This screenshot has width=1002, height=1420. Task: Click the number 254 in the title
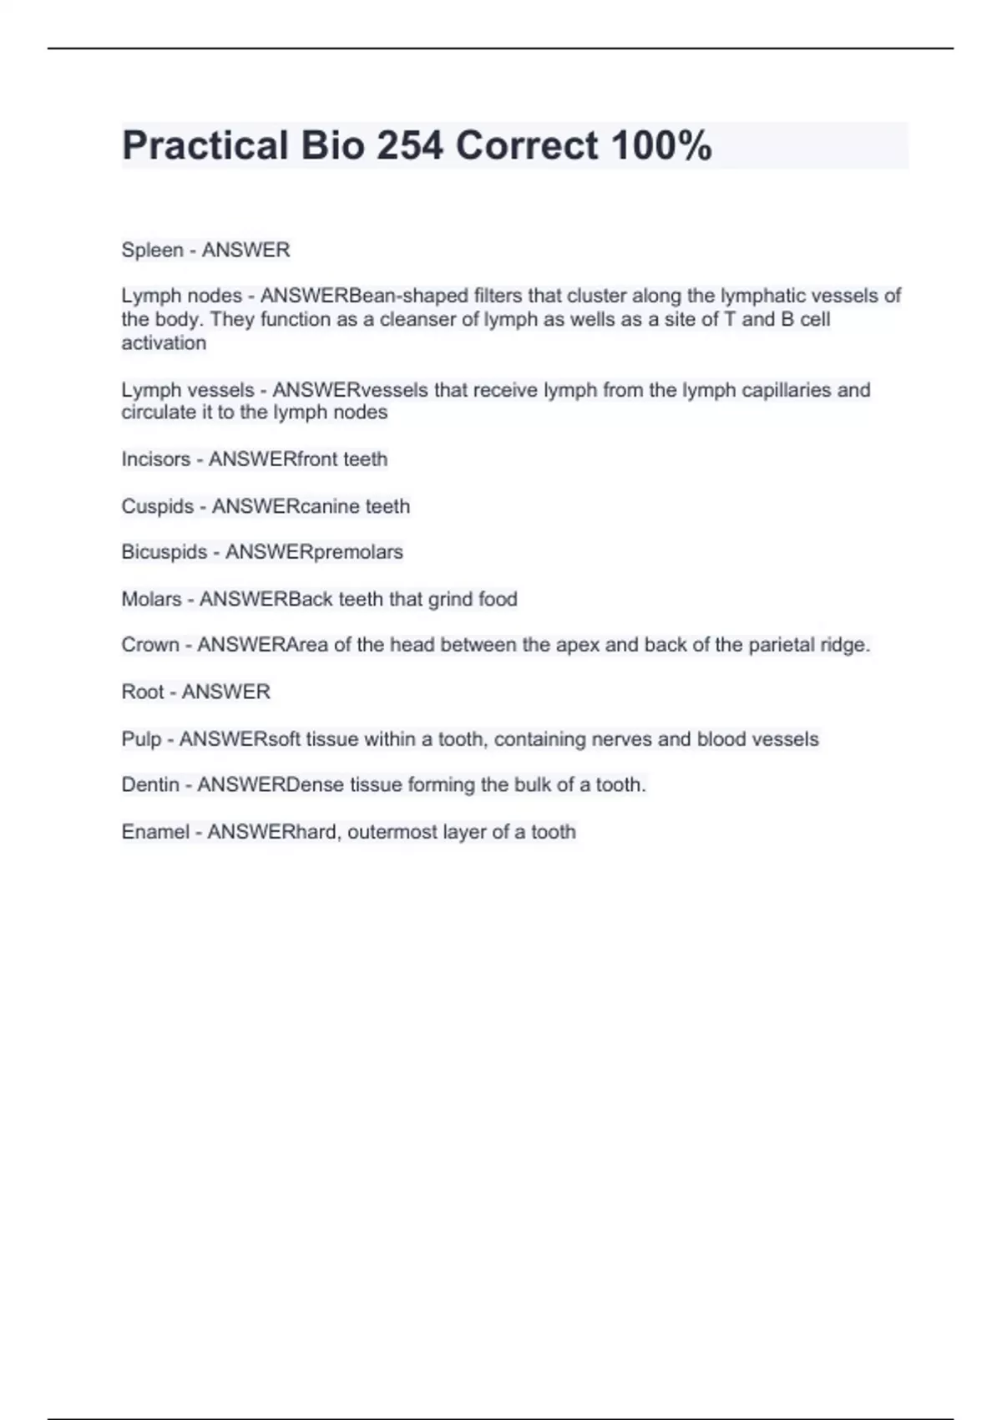[x=410, y=145]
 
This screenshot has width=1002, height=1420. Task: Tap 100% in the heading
[x=661, y=145]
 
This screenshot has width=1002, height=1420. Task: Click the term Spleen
[x=152, y=250]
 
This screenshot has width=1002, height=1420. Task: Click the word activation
[x=164, y=342]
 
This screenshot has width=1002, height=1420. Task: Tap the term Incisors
[x=156, y=459]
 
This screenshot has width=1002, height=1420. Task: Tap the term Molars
[x=151, y=599]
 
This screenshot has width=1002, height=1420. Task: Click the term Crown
[x=150, y=645]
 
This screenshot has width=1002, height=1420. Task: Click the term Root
[x=143, y=692]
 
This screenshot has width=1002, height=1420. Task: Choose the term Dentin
[x=150, y=784]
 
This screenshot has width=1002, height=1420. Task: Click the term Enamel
[x=155, y=832]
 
